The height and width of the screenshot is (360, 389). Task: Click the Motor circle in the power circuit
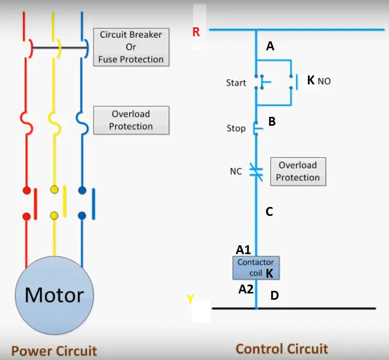[x=54, y=295]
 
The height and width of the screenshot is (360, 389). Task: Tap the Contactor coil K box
[x=255, y=267]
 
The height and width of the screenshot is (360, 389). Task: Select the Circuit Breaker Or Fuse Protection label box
[x=131, y=47]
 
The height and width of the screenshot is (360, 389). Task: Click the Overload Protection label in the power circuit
[x=131, y=120]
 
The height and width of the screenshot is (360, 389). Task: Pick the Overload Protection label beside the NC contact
[x=298, y=171]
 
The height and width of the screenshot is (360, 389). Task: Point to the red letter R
[x=196, y=32]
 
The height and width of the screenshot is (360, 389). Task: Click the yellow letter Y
[x=191, y=299]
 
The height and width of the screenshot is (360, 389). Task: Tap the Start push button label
[x=236, y=83]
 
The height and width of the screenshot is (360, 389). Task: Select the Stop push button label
[x=236, y=128]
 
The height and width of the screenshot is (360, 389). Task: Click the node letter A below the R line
[x=270, y=47]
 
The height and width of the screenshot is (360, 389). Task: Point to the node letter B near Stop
[x=272, y=122]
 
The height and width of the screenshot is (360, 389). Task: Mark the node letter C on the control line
[x=269, y=212]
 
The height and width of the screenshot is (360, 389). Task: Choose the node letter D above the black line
[x=274, y=296]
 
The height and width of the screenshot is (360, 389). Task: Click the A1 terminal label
[x=243, y=250]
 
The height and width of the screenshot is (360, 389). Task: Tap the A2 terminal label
[x=246, y=288]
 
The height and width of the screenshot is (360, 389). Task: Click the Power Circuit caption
[x=54, y=351]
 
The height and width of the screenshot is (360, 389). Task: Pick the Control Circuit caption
[x=282, y=349]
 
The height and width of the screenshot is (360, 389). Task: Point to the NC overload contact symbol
[x=255, y=170]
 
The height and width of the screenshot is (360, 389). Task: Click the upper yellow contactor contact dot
[x=54, y=189]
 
